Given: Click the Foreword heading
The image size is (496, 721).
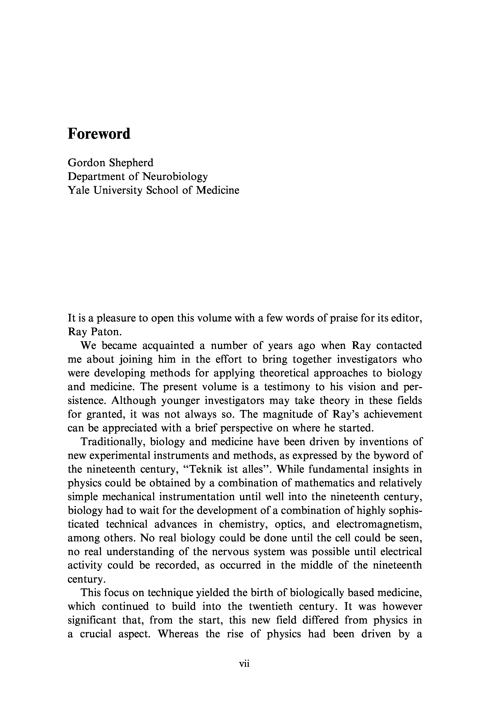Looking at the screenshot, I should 99,134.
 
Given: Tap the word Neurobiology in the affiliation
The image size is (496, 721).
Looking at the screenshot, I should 175,177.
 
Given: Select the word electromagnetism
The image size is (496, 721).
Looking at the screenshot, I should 379,524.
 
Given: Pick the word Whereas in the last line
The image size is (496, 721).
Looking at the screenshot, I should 178,634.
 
